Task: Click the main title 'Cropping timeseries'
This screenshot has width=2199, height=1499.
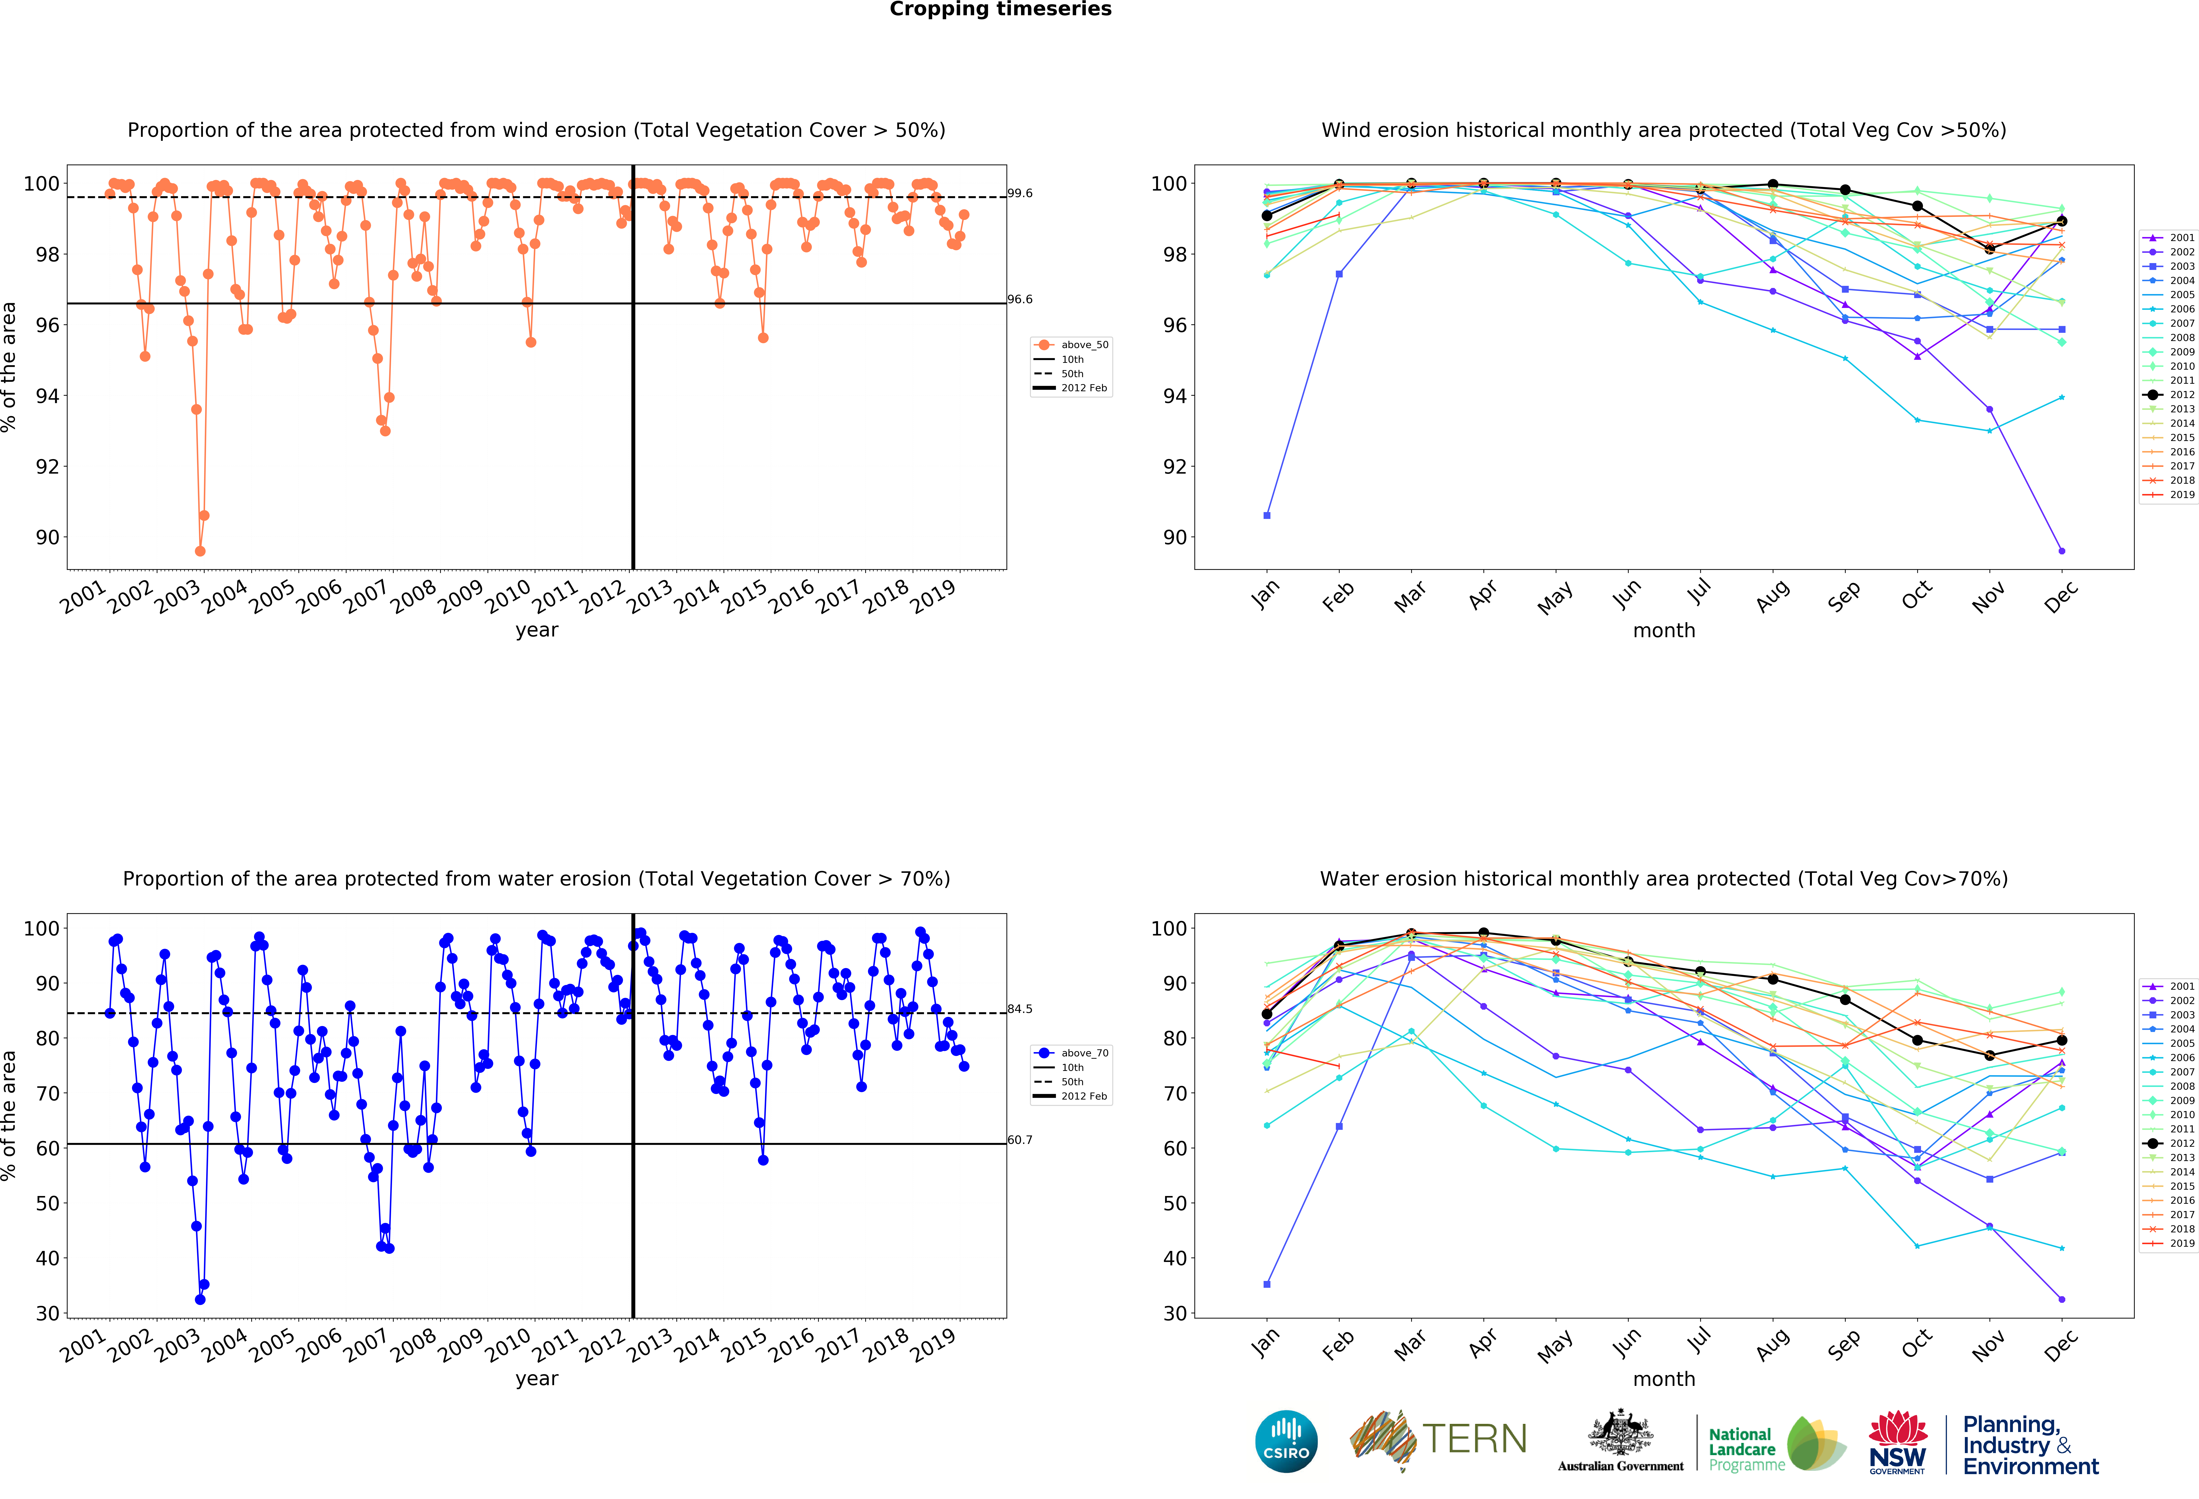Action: [x=1000, y=9]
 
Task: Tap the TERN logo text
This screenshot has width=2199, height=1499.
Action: [x=1474, y=1438]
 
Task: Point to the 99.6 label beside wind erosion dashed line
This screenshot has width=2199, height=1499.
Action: [x=1020, y=193]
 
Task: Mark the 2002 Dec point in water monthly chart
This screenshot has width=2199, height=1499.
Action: [x=2062, y=1299]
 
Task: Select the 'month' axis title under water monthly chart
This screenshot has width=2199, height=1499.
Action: [x=1663, y=1379]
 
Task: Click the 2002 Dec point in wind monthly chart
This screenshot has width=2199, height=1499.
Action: [x=2062, y=551]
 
